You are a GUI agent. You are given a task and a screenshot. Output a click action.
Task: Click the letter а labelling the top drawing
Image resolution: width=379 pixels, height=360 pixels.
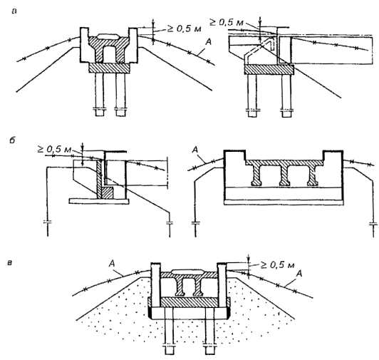point(14,11)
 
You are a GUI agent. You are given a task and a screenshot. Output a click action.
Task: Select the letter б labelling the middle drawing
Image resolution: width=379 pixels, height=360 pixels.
point(12,140)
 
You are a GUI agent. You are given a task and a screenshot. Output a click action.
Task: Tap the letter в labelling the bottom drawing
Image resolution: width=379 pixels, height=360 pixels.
point(10,262)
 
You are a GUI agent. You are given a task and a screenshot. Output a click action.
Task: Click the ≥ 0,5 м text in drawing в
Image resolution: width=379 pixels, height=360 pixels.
point(277,265)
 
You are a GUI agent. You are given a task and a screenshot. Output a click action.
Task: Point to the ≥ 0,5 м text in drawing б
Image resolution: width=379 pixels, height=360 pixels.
point(54,149)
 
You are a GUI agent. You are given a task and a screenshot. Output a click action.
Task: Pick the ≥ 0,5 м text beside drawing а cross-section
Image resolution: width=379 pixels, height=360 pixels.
point(185,29)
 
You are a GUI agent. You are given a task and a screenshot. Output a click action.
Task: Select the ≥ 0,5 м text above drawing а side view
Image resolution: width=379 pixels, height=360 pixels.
point(227,22)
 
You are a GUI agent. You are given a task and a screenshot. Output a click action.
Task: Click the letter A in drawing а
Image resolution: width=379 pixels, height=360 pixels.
point(208,42)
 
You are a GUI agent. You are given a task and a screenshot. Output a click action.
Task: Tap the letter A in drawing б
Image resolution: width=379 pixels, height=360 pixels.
point(194,150)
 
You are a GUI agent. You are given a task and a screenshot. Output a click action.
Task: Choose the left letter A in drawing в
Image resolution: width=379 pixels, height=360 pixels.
point(112,263)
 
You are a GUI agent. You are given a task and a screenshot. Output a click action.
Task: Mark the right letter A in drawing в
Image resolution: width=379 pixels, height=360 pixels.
point(299,274)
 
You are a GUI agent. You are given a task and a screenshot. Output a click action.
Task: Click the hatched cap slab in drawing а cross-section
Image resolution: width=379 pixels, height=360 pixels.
point(109,68)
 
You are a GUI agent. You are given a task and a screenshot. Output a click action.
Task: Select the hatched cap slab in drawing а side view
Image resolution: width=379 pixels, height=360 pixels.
point(269,70)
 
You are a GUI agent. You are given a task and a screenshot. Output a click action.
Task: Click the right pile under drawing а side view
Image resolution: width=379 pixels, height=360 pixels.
point(286,96)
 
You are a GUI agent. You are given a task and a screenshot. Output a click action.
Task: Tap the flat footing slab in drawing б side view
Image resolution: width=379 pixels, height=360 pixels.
point(99,201)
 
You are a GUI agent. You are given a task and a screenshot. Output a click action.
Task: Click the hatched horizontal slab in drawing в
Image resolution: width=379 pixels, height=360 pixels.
point(189,302)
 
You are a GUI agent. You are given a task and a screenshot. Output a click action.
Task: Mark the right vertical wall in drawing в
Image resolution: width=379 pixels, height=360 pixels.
point(222,284)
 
